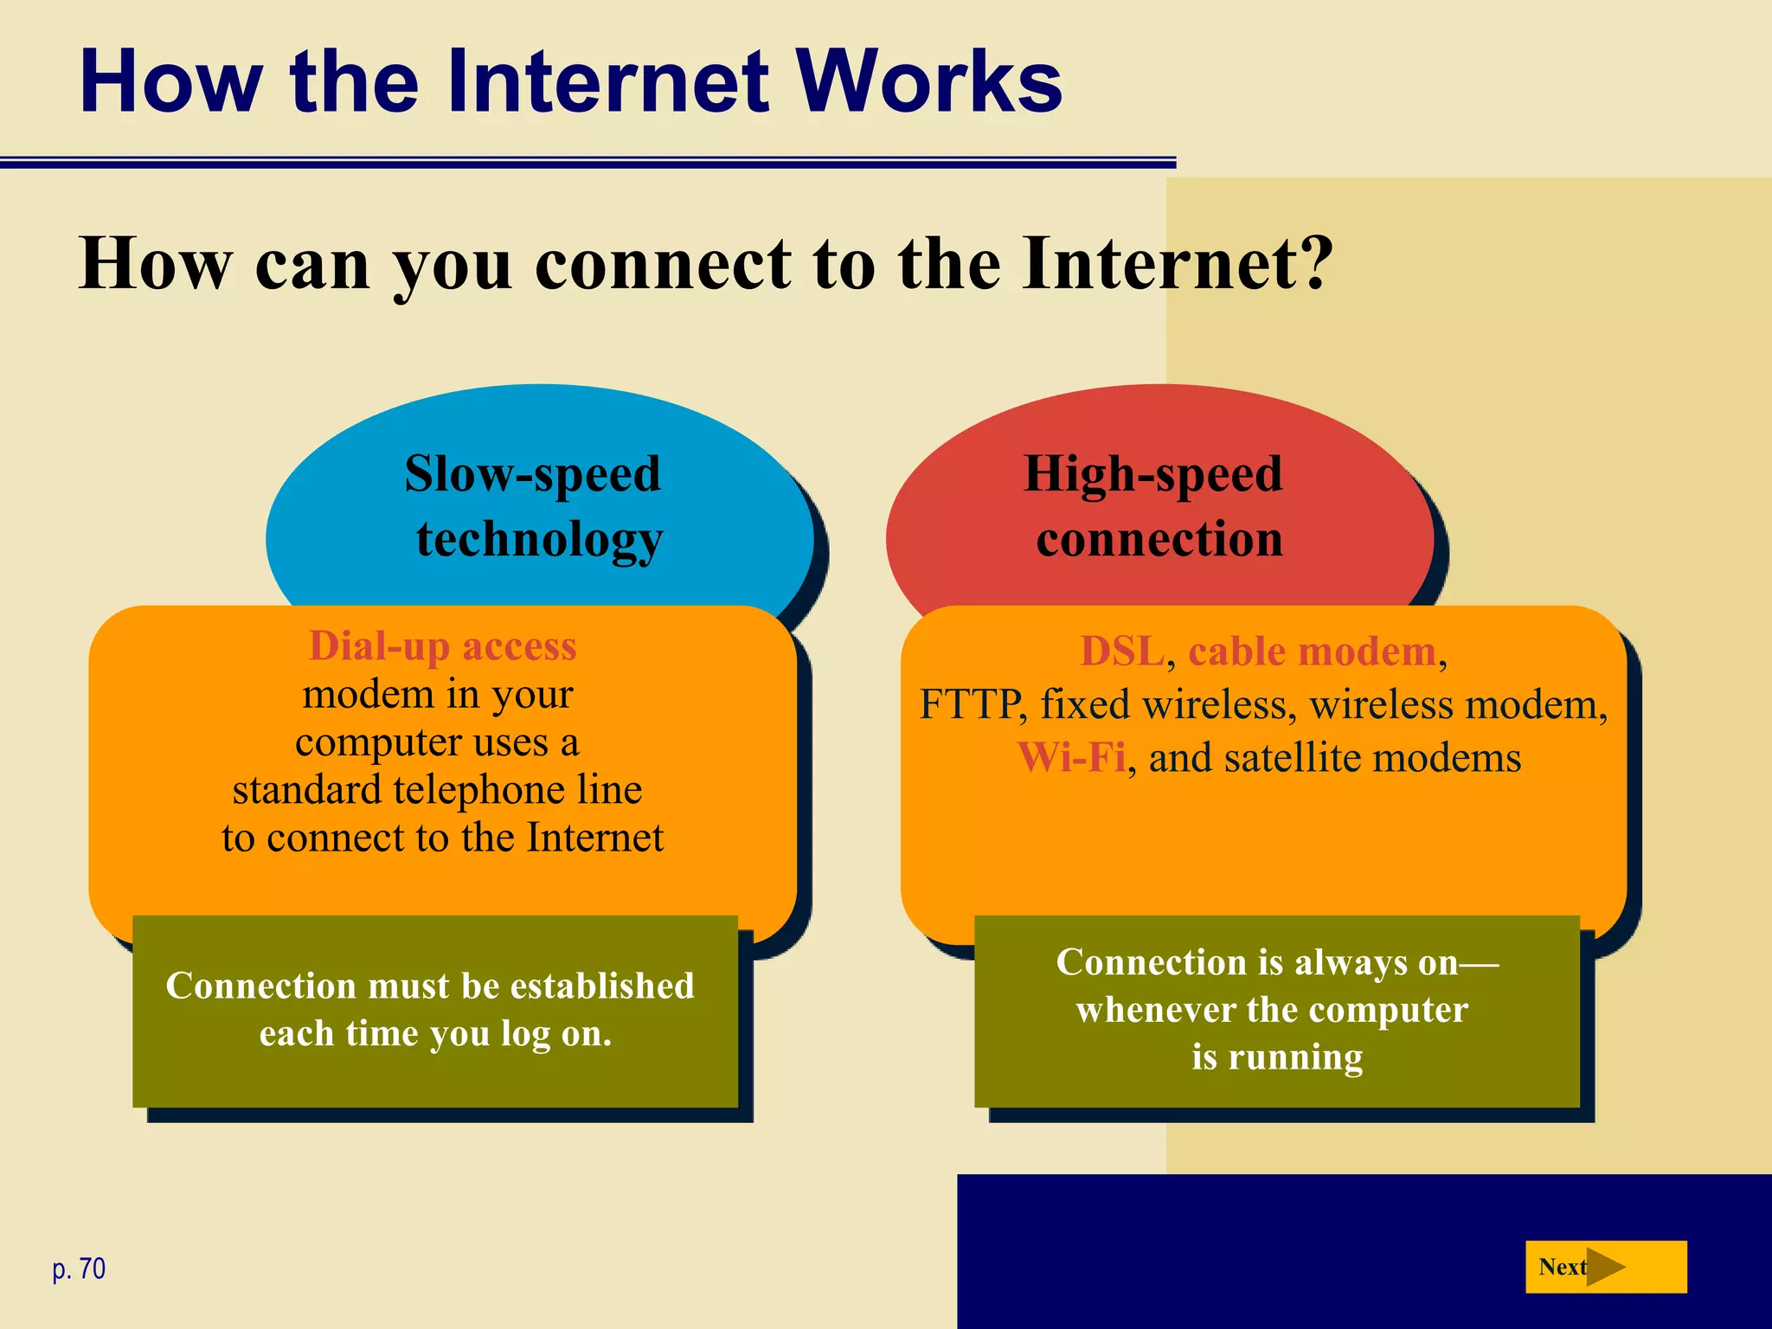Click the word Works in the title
coord(929,82)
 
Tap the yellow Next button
coord(1605,1267)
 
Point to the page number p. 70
coord(79,1268)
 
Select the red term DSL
coord(1122,652)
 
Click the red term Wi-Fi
coord(1071,758)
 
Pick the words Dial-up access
coord(442,645)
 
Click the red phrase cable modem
coord(1312,652)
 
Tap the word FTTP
coord(969,705)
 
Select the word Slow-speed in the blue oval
coord(532,474)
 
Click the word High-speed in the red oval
coord(1152,474)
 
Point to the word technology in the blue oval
coord(539,539)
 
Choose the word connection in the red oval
coord(1159,539)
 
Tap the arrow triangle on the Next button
coord(1606,1268)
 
